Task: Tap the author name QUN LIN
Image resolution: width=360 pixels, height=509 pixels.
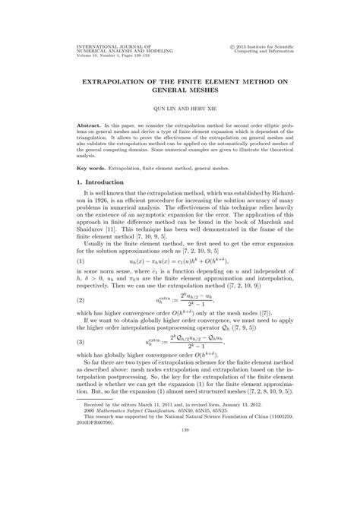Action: (163, 109)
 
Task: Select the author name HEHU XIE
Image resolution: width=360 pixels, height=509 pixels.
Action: (200, 109)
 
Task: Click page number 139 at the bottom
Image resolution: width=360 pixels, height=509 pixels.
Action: (180, 473)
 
